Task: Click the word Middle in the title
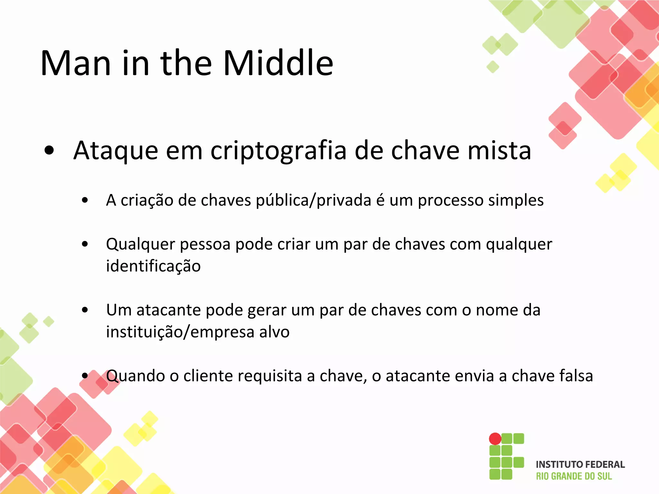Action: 278,63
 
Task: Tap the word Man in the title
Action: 76,64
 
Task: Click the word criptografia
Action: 279,151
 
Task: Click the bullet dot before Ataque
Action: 49,151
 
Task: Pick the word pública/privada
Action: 313,201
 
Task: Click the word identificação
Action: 153,266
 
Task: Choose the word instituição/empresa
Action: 180,332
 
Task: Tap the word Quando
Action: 135,376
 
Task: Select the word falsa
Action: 576,376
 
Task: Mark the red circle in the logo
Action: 495,439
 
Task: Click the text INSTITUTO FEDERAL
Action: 580,464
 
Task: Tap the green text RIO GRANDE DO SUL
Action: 574,476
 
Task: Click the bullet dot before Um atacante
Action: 85,310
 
